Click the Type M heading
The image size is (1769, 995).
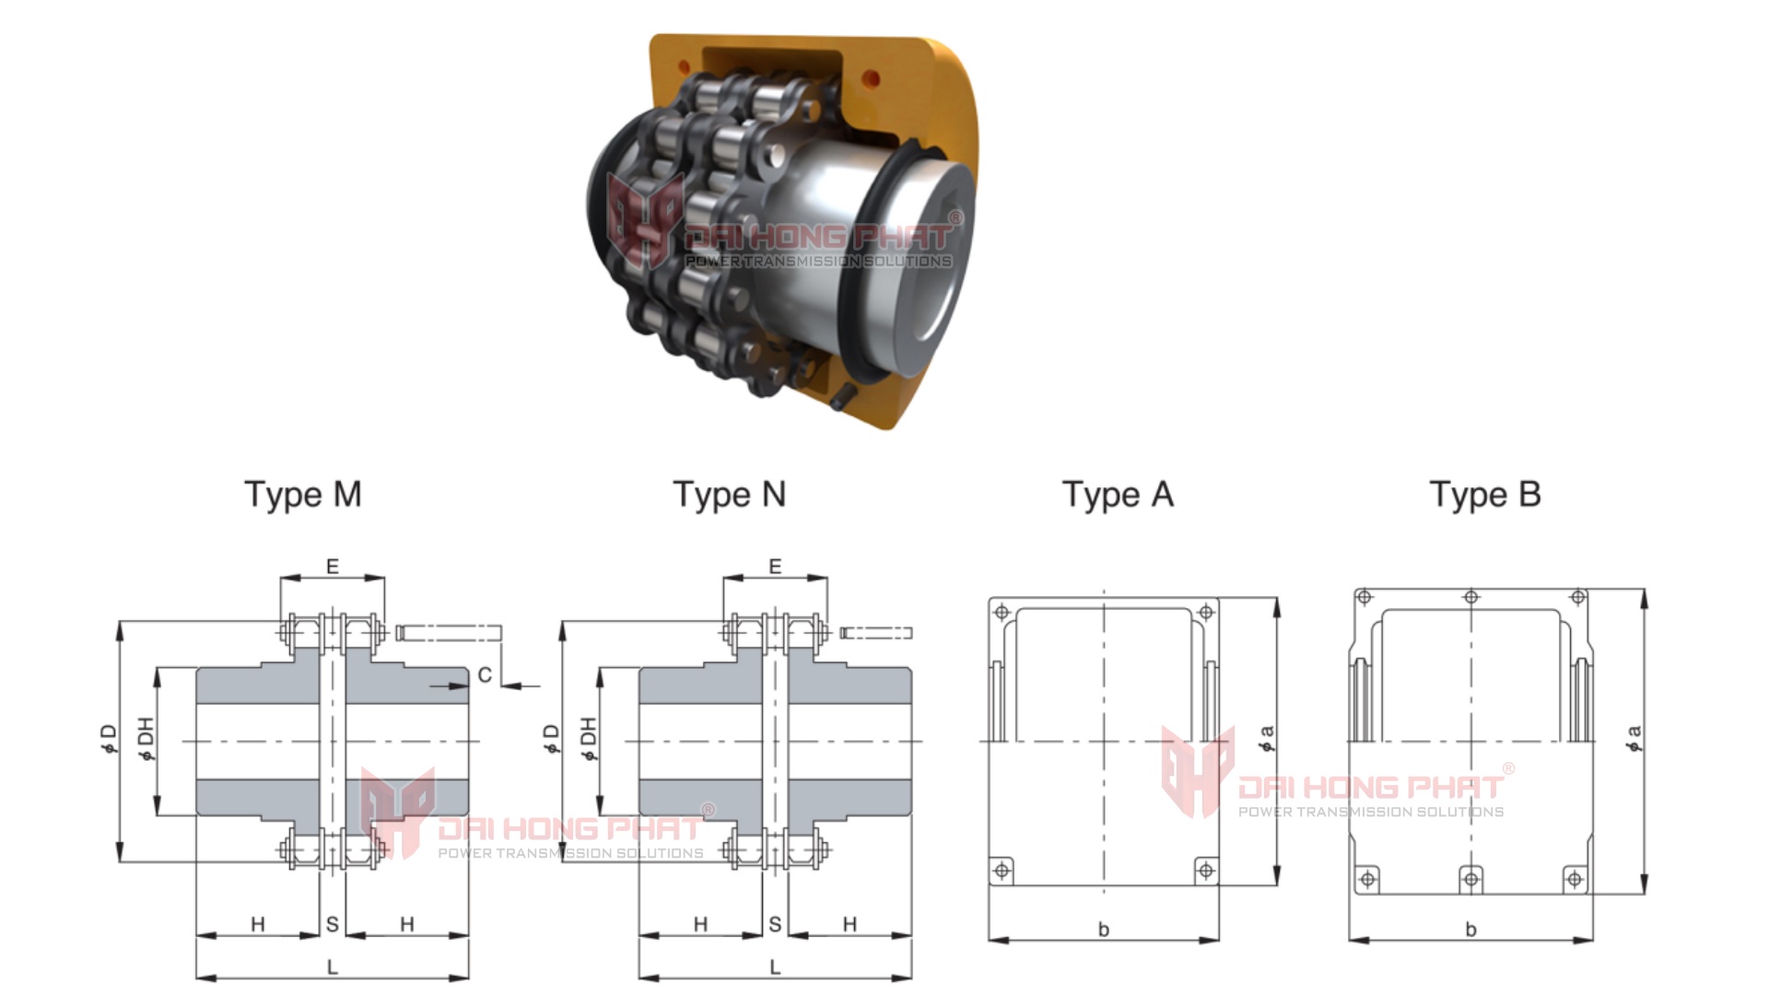click(x=302, y=495)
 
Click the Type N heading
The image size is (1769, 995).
click(x=729, y=495)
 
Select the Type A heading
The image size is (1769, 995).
click(x=1118, y=495)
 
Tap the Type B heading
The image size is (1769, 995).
click(x=1484, y=495)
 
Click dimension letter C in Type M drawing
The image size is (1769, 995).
click(x=485, y=675)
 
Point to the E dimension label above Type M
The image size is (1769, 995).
click(x=333, y=567)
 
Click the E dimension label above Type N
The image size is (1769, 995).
click(x=775, y=567)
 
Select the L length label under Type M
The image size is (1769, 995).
click(x=333, y=967)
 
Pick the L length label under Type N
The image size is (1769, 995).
click(x=775, y=967)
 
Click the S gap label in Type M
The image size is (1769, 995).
click(x=332, y=924)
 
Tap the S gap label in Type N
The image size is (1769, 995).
click(x=775, y=924)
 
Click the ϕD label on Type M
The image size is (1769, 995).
click(x=109, y=738)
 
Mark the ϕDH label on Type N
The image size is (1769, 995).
click(x=588, y=738)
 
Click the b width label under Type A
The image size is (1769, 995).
click(x=1104, y=930)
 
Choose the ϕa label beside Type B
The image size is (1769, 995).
click(x=1634, y=738)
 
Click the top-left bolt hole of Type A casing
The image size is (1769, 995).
click(x=1003, y=612)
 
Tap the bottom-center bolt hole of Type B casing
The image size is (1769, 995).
click(x=1471, y=879)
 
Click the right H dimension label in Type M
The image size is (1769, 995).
click(x=407, y=924)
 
